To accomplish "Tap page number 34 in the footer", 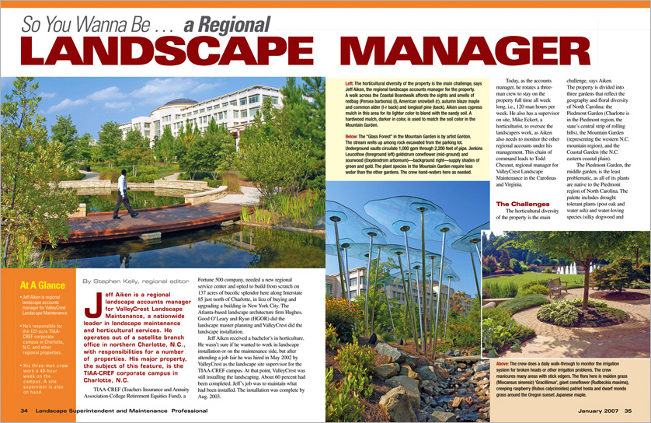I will point(25,410).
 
